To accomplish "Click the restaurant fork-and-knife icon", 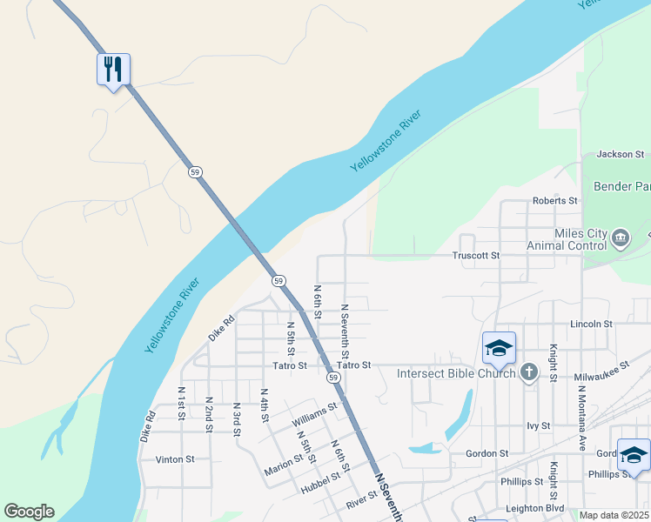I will tap(113, 69).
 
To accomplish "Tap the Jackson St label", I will tap(620, 155).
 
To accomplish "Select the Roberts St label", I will tap(554, 201).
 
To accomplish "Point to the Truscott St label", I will tap(476, 256).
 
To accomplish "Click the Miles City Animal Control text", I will tap(566, 239).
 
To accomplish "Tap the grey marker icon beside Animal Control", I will tap(620, 237).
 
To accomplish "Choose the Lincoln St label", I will tap(591, 324).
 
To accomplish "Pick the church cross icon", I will tap(528, 373).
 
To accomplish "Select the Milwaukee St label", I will tap(601, 372).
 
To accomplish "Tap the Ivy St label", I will tap(539, 425).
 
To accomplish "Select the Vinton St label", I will tap(174, 458).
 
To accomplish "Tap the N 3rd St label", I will tap(236, 419).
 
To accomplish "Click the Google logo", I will tap(29, 512).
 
